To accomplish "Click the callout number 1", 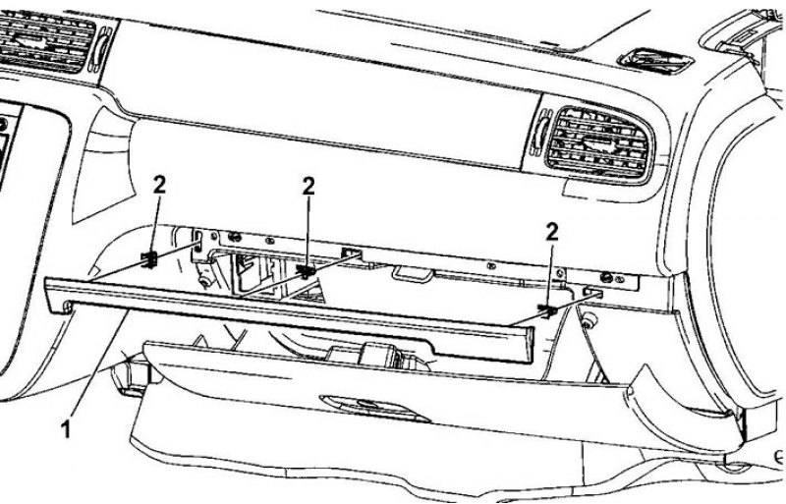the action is click(x=66, y=429).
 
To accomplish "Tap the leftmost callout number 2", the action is click(x=159, y=185).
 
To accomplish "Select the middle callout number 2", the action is click(x=309, y=187).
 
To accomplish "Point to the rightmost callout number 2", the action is click(x=551, y=232).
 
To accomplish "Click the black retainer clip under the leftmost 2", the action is click(x=149, y=259).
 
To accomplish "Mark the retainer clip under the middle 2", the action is click(x=306, y=271).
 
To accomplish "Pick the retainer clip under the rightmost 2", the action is click(x=548, y=310).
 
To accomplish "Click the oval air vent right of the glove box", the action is click(x=600, y=143).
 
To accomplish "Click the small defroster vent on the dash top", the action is click(x=656, y=61).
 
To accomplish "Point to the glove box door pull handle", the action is click(x=373, y=407).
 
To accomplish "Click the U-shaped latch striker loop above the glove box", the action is click(x=413, y=274).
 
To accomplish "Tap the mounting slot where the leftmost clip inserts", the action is click(x=198, y=240).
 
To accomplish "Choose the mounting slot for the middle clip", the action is click(x=352, y=252).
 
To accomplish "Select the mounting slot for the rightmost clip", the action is click(x=592, y=292).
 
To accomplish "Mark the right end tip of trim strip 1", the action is click(x=531, y=346).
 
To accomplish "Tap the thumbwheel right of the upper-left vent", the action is click(x=101, y=49).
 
